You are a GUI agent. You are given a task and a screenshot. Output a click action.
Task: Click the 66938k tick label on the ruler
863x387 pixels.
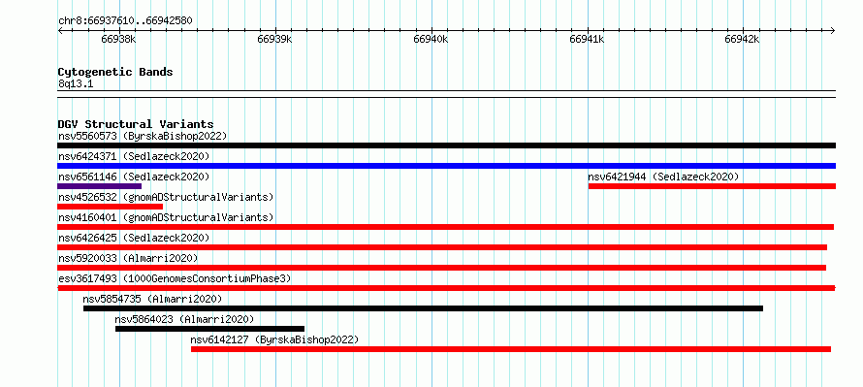click(x=119, y=40)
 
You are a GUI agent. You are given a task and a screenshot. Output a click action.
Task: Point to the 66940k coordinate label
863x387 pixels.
click(x=431, y=40)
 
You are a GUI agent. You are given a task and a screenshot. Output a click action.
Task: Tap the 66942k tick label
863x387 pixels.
click(x=743, y=40)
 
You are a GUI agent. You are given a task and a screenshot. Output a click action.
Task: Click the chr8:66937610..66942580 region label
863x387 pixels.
click(x=125, y=21)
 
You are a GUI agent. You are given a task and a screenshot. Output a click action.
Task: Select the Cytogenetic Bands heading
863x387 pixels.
click(x=115, y=72)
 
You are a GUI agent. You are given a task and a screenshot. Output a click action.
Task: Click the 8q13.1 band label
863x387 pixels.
click(x=76, y=83)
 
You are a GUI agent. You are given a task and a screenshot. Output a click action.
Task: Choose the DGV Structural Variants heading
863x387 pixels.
click(x=136, y=124)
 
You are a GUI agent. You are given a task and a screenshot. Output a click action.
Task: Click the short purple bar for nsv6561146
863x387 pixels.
click(x=100, y=186)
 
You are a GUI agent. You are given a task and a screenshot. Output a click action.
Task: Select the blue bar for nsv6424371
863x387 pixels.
click(x=446, y=166)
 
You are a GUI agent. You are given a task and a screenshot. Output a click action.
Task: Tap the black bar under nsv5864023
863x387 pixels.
click(x=209, y=329)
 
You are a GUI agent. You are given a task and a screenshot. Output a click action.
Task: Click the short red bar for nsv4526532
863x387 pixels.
click(x=111, y=207)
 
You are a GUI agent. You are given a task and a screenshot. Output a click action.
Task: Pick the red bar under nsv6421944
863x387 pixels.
click(x=712, y=186)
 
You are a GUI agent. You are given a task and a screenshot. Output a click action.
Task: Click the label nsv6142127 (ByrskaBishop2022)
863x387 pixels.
click(x=274, y=339)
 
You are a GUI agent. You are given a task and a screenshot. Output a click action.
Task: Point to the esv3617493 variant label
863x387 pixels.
click(x=87, y=278)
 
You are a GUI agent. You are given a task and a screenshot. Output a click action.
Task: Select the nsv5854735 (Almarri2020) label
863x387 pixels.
click(x=152, y=299)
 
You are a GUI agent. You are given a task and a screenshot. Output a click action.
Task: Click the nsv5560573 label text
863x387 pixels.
click(x=87, y=136)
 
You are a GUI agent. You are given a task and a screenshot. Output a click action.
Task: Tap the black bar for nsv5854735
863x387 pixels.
click(x=423, y=308)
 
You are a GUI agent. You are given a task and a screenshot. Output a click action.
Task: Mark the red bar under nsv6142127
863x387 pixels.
click(x=511, y=349)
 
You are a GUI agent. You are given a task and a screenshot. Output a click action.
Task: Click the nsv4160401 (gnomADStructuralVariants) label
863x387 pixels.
click(x=166, y=217)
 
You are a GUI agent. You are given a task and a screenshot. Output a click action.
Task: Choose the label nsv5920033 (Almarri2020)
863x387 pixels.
click(x=128, y=258)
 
